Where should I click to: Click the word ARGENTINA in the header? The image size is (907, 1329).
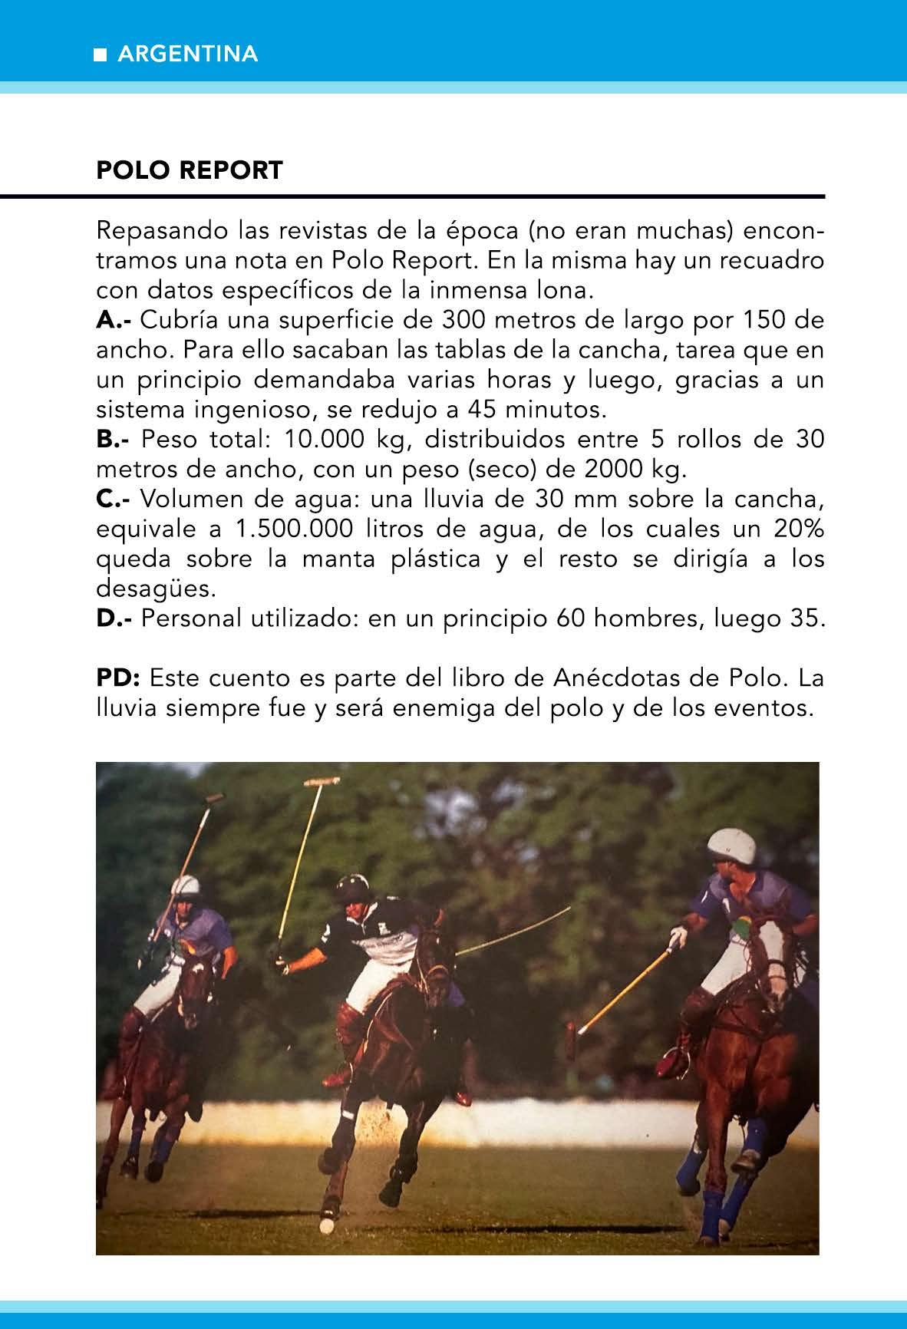click(188, 54)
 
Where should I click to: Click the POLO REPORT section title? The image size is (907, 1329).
click(190, 170)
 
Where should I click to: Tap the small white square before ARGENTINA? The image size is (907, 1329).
click(100, 55)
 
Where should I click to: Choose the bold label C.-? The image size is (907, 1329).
click(114, 500)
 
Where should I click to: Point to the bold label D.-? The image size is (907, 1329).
click(114, 618)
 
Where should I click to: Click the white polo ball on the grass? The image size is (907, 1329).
click(326, 1226)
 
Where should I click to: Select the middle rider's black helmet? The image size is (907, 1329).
click(351, 889)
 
